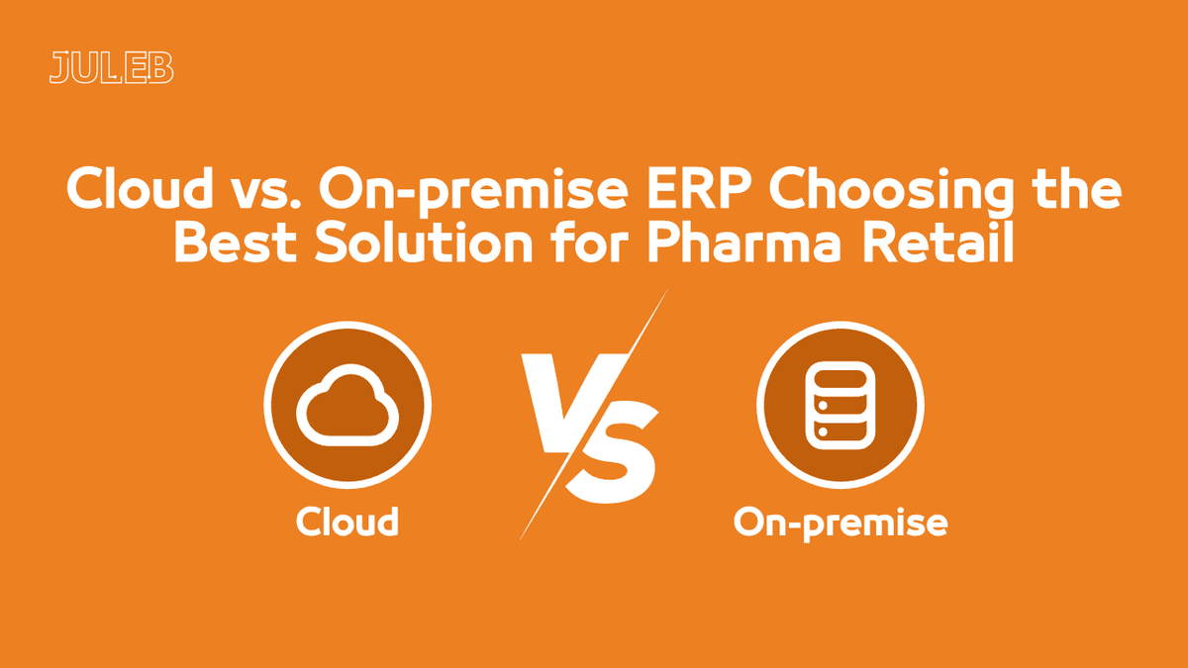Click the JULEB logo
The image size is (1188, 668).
[x=111, y=67]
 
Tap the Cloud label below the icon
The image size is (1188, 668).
[x=347, y=521]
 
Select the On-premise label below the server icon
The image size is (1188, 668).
[x=840, y=523]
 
